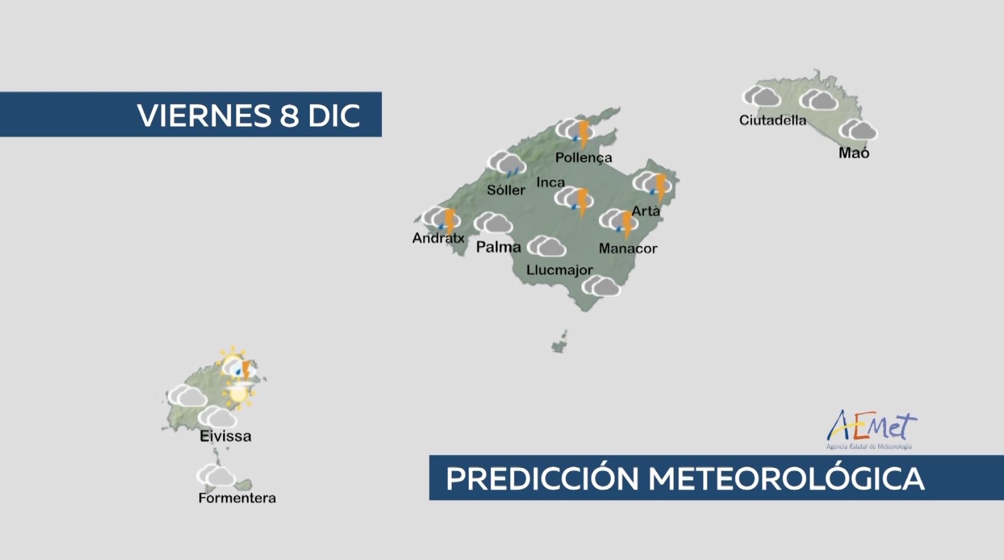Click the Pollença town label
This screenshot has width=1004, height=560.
pyautogui.click(x=584, y=157)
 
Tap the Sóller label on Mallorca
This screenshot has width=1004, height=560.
pyautogui.click(x=506, y=190)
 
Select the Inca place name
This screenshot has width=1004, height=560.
pyautogui.click(x=550, y=182)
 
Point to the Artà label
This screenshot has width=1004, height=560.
pyautogui.click(x=646, y=211)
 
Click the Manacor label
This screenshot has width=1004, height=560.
pyautogui.click(x=628, y=248)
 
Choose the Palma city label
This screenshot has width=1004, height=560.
pyautogui.click(x=499, y=247)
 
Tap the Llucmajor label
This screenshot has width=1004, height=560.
pyautogui.click(x=559, y=270)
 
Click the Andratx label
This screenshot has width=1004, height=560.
pyautogui.click(x=439, y=238)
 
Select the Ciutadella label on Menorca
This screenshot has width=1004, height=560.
pyautogui.click(x=773, y=120)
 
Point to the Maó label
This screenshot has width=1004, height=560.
pyautogui.click(x=854, y=153)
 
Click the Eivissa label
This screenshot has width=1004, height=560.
pyautogui.click(x=225, y=436)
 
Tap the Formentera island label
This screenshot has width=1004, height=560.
pyautogui.click(x=237, y=498)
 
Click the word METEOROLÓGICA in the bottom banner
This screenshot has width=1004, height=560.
pyautogui.click(x=787, y=478)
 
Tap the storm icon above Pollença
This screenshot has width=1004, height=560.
pyautogui.click(x=575, y=132)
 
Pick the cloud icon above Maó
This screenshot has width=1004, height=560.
pyautogui.click(x=858, y=130)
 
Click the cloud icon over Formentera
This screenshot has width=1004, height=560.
pyautogui.click(x=217, y=475)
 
